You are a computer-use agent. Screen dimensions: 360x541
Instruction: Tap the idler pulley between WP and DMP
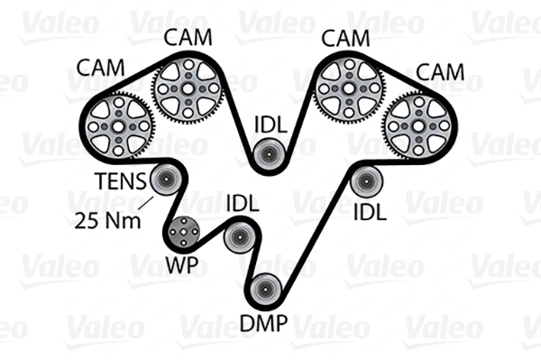pos(239,237)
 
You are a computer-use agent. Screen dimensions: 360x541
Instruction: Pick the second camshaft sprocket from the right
pos(349,91)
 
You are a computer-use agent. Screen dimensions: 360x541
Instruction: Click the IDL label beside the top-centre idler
pos(270,125)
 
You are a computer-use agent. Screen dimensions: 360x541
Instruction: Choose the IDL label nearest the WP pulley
pos(243,203)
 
